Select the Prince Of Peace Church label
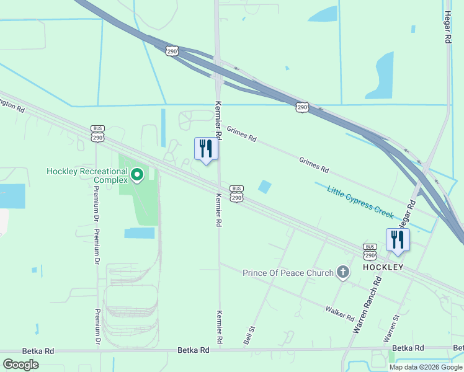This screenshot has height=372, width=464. tap(288, 273)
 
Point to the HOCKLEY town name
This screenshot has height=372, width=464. tap(383, 267)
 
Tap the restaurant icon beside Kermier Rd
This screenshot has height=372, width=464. tap(206, 149)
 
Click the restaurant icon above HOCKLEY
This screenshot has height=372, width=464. tap(397, 240)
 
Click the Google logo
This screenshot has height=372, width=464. tap(20, 364)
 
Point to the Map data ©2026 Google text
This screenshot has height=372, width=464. tap(426, 366)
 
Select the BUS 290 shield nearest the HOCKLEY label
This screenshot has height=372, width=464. tap(370, 252)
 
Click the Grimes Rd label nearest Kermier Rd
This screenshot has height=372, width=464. tap(241, 135)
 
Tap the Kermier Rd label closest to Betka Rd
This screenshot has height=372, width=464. tap(219, 327)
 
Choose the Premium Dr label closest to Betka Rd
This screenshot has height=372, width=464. tap(97, 326)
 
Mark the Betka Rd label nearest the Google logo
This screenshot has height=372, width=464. tap(38, 351)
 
